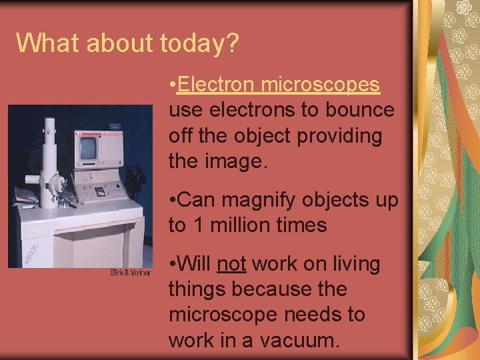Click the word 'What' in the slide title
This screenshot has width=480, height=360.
(x=41, y=43)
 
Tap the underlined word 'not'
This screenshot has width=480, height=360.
(x=231, y=265)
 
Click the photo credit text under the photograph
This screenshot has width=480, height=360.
(x=130, y=273)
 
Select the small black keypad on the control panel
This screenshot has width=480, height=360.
(x=101, y=191)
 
